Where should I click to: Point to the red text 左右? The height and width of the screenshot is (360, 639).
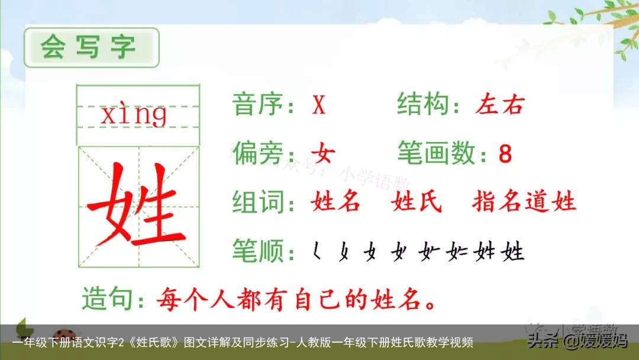coord(499,105)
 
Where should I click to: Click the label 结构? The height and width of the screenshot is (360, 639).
coord(421,105)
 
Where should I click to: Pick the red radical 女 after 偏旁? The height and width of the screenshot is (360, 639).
coord(323,154)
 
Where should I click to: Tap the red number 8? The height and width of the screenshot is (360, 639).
coord(505,155)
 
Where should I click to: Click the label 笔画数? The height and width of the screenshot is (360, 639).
coord(436,154)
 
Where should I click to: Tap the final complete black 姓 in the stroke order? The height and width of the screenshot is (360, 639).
coord(512,252)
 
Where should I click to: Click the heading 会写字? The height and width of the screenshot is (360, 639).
coord(89,47)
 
